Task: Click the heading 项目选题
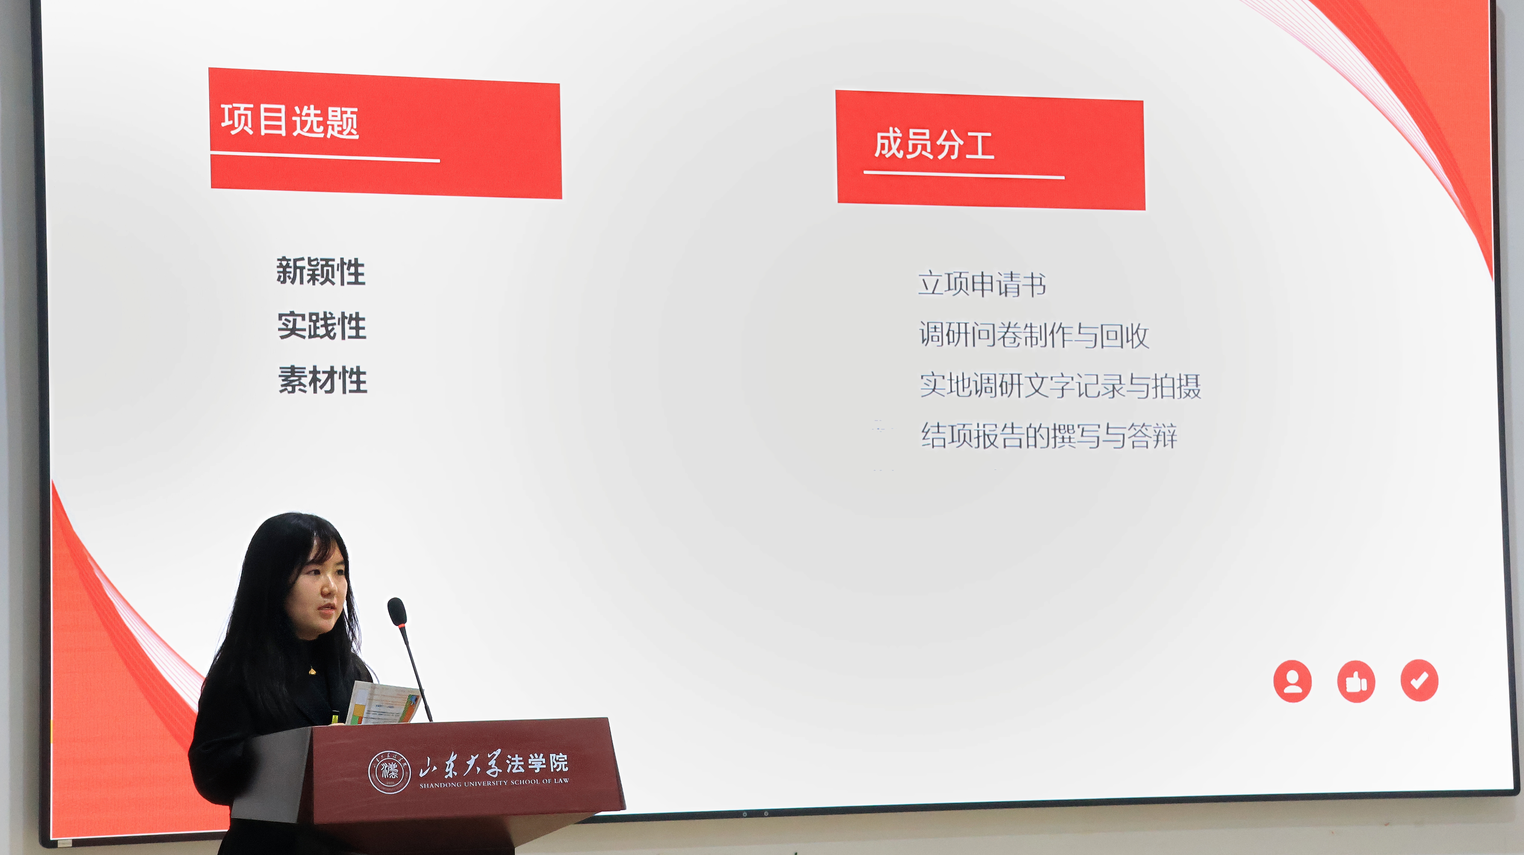[290, 121]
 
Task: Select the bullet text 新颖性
[321, 272]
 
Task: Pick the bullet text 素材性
[323, 379]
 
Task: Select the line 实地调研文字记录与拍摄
[1060, 386]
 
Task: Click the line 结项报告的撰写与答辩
[1049, 436]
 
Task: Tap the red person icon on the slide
[1292, 681]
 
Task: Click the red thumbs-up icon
[1356, 681]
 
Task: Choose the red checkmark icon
[1419, 681]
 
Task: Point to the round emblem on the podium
[389, 772]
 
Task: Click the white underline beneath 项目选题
[325, 157]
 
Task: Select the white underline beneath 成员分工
[964, 174]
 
